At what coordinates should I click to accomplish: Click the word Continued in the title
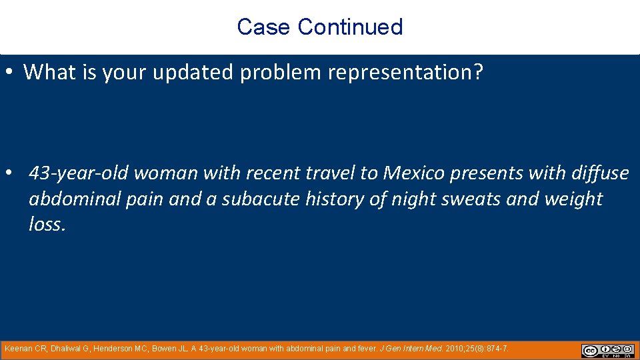click(x=350, y=27)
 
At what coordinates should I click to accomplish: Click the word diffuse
click(x=599, y=173)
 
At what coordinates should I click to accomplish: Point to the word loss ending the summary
click(x=46, y=224)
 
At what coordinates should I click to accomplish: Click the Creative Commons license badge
click(x=607, y=351)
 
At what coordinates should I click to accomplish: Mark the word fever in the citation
click(x=365, y=349)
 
